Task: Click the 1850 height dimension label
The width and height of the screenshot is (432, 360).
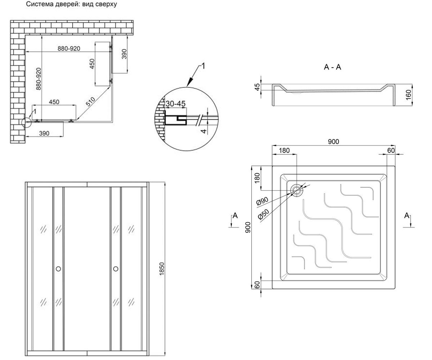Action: coord(162,269)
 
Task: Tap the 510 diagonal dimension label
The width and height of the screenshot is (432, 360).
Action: coord(90,102)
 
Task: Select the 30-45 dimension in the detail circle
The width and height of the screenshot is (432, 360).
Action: coord(176,104)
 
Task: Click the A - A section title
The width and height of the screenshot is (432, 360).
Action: coord(332,67)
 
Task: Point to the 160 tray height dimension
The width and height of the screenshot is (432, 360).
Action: coord(408,95)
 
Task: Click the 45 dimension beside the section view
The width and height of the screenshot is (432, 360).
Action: coord(257,87)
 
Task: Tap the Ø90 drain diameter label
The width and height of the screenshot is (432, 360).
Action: coord(262,201)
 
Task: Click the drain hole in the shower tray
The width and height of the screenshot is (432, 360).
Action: coord(297,190)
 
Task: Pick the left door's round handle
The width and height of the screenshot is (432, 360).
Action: coord(58,269)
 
